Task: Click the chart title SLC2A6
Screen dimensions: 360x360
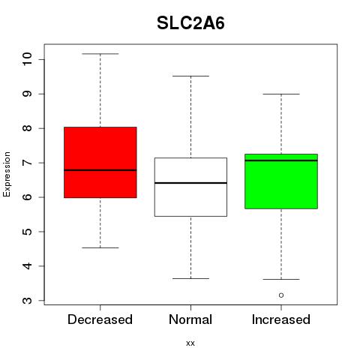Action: [x=190, y=23]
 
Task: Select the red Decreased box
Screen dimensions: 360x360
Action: [x=100, y=163]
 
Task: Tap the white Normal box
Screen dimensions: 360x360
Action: [x=190, y=187]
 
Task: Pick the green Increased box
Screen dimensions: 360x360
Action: [x=281, y=181]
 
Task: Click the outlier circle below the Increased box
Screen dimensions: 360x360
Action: [x=281, y=295]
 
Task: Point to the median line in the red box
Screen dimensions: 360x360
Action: [x=100, y=170]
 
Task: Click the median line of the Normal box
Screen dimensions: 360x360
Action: [x=190, y=183]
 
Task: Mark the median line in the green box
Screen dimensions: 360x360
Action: [x=281, y=160]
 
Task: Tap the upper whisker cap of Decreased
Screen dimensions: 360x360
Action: [x=100, y=54]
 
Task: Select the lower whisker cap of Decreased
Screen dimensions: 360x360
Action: [x=100, y=248]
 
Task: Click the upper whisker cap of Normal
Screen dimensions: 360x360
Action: [x=190, y=76]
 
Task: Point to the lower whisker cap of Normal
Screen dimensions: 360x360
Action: [x=190, y=278]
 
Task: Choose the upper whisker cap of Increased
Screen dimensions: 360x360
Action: [x=281, y=94]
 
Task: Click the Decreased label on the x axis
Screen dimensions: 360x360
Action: [x=100, y=319]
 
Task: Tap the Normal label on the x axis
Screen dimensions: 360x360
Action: [x=190, y=319]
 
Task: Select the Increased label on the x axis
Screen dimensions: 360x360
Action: [x=281, y=319]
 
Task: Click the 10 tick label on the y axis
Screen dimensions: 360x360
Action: [x=28, y=59]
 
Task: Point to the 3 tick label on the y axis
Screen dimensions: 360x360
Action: [x=28, y=300]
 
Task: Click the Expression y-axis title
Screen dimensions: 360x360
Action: [x=7, y=174]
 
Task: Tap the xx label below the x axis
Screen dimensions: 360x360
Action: [x=190, y=343]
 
